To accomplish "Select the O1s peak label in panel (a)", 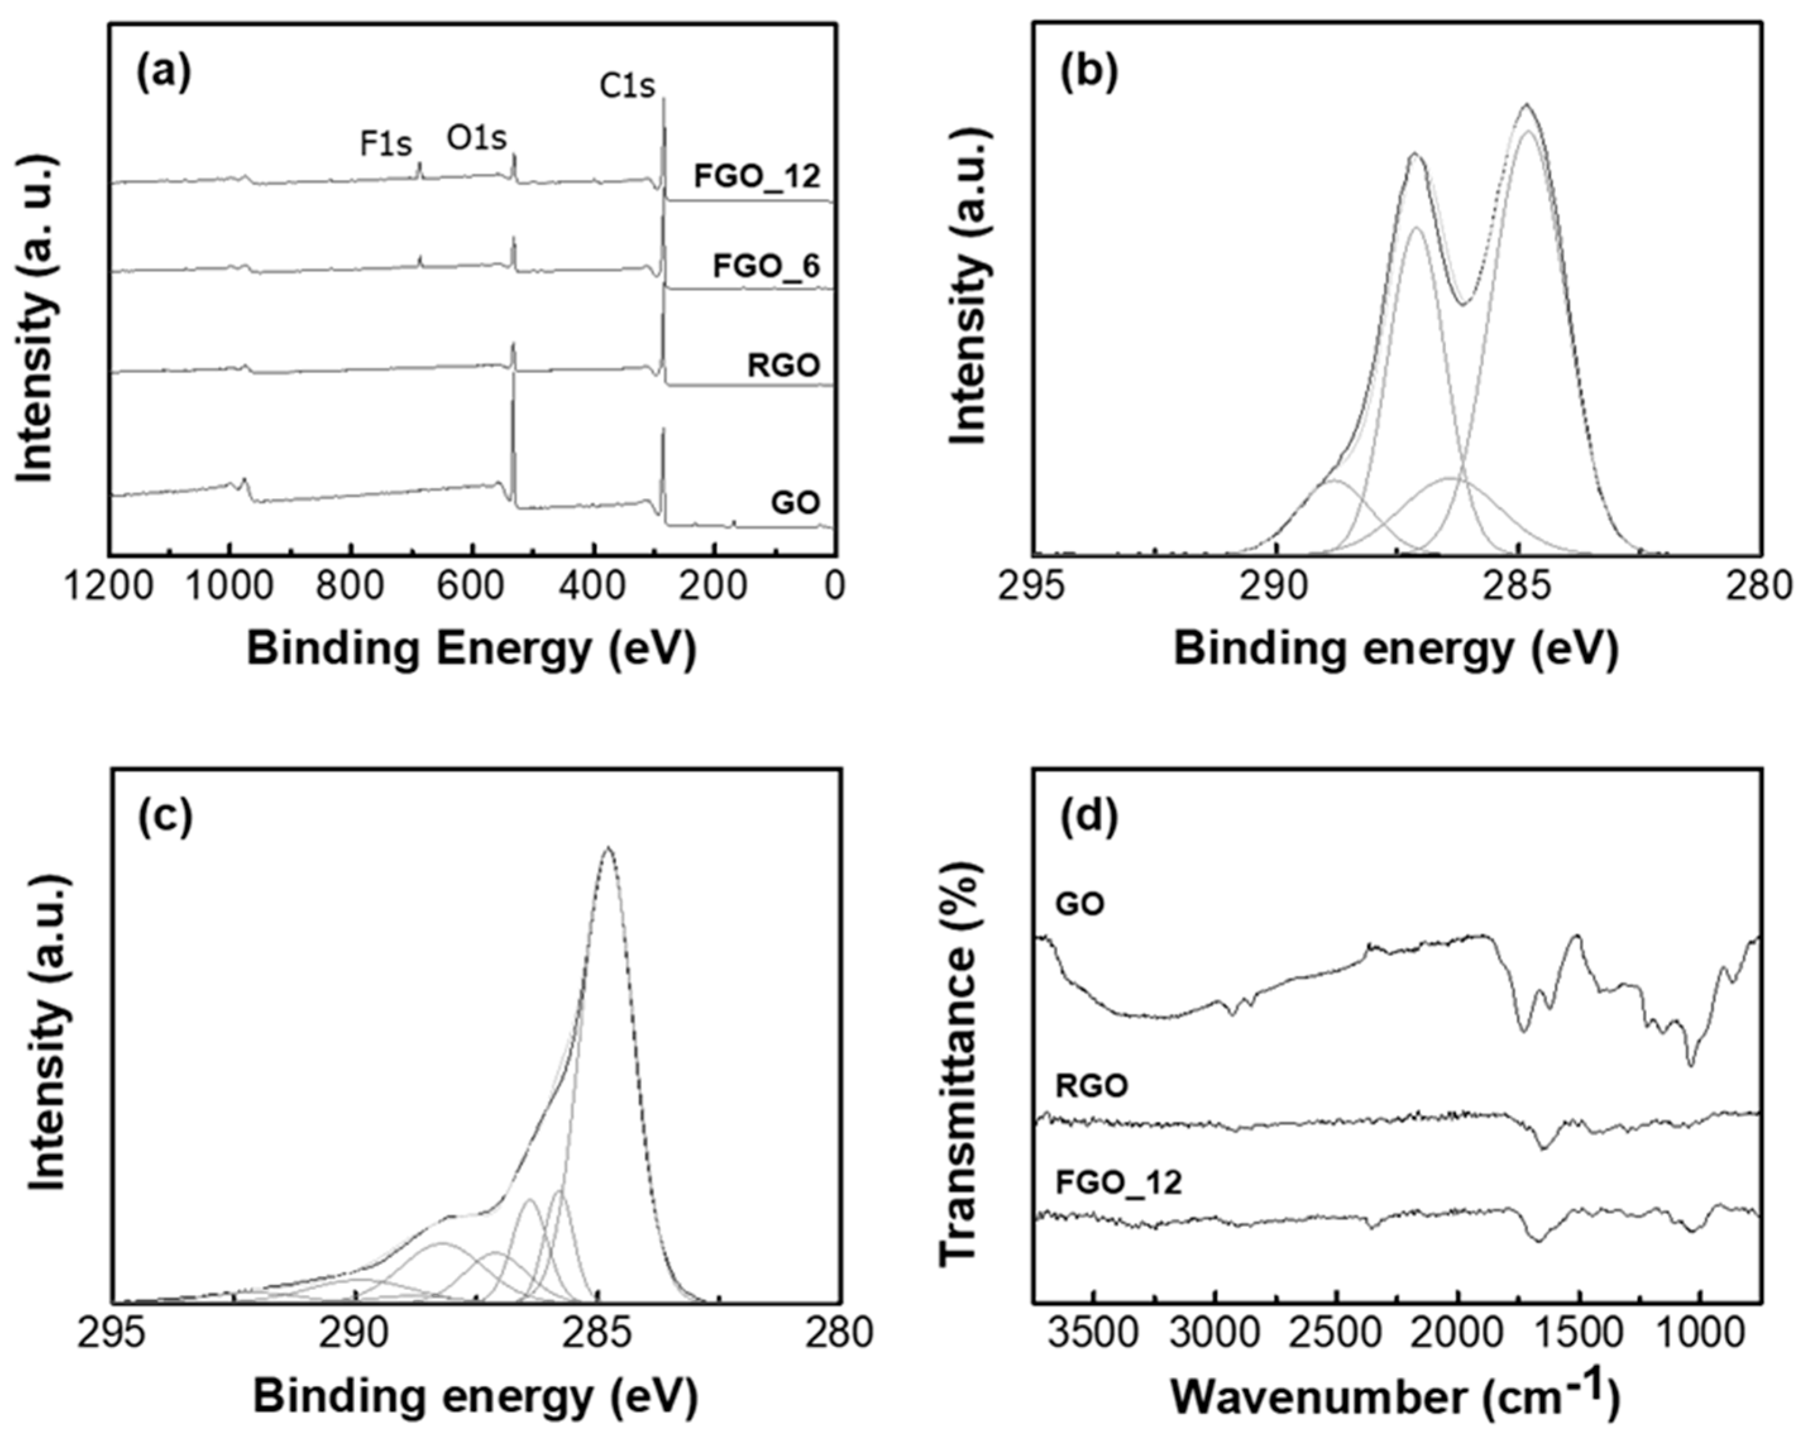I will (x=476, y=138).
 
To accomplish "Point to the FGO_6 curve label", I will (x=766, y=267).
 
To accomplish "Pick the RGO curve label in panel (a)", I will (x=784, y=365).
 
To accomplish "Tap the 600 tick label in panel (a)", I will (x=474, y=585).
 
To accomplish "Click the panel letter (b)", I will (x=1088, y=73).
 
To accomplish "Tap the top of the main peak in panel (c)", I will (x=609, y=848).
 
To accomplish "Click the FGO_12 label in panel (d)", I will (x=1119, y=1183).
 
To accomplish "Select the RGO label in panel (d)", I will (x=1091, y=1086).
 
